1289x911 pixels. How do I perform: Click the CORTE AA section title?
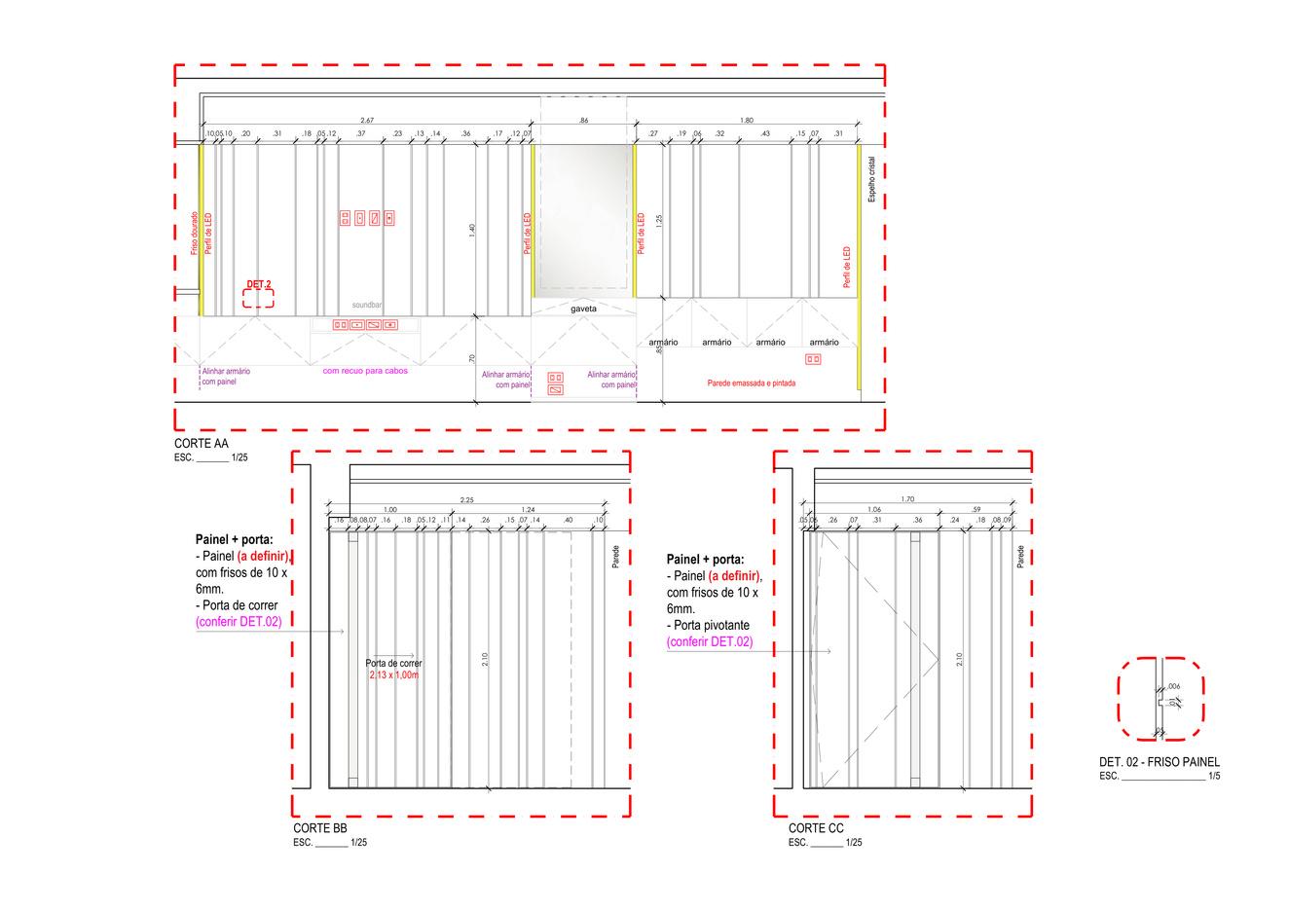point(202,444)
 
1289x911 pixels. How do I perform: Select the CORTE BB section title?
point(320,829)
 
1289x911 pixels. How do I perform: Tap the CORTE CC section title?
point(816,828)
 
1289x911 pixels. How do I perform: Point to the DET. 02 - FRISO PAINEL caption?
point(1159,762)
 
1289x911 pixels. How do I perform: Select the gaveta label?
point(584,309)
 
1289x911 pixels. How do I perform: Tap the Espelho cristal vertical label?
point(872,180)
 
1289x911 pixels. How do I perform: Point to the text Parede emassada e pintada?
point(751,383)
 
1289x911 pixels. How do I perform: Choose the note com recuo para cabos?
point(365,371)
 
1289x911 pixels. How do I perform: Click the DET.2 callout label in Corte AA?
point(259,284)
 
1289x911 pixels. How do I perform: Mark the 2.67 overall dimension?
point(366,120)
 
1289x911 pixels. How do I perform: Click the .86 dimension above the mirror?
point(583,120)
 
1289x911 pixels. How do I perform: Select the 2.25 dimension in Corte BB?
point(467,500)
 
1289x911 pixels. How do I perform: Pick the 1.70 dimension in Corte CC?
point(907,499)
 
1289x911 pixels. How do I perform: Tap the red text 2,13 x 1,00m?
point(394,674)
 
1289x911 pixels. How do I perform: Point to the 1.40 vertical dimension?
point(472,231)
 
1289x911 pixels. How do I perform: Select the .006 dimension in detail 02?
point(1174,686)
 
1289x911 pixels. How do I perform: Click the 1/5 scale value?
point(1213,777)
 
